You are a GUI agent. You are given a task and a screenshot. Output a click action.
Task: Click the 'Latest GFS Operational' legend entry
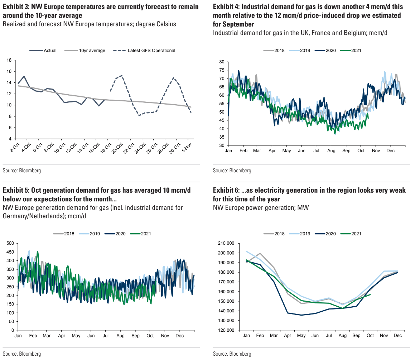click(x=151, y=51)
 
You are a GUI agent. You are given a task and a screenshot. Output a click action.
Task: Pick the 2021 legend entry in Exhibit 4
click(x=355, y=51)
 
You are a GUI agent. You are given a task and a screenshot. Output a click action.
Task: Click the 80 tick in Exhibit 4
click(x=222, y=62)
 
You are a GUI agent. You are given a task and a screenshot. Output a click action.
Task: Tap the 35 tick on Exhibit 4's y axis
click(x=222, y=137)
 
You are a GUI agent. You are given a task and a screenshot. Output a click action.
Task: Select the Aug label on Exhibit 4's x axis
click(x=331, y=151)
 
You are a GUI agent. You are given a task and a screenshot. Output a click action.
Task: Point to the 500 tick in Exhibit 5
click(x=10, y=243)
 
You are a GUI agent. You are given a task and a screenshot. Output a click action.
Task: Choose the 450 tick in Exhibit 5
click(x=10, y=252)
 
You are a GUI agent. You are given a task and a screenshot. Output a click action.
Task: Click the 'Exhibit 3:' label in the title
click(x=16, y=7)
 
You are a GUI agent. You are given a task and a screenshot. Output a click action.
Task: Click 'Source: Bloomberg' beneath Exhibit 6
click(x=232, y=354)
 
